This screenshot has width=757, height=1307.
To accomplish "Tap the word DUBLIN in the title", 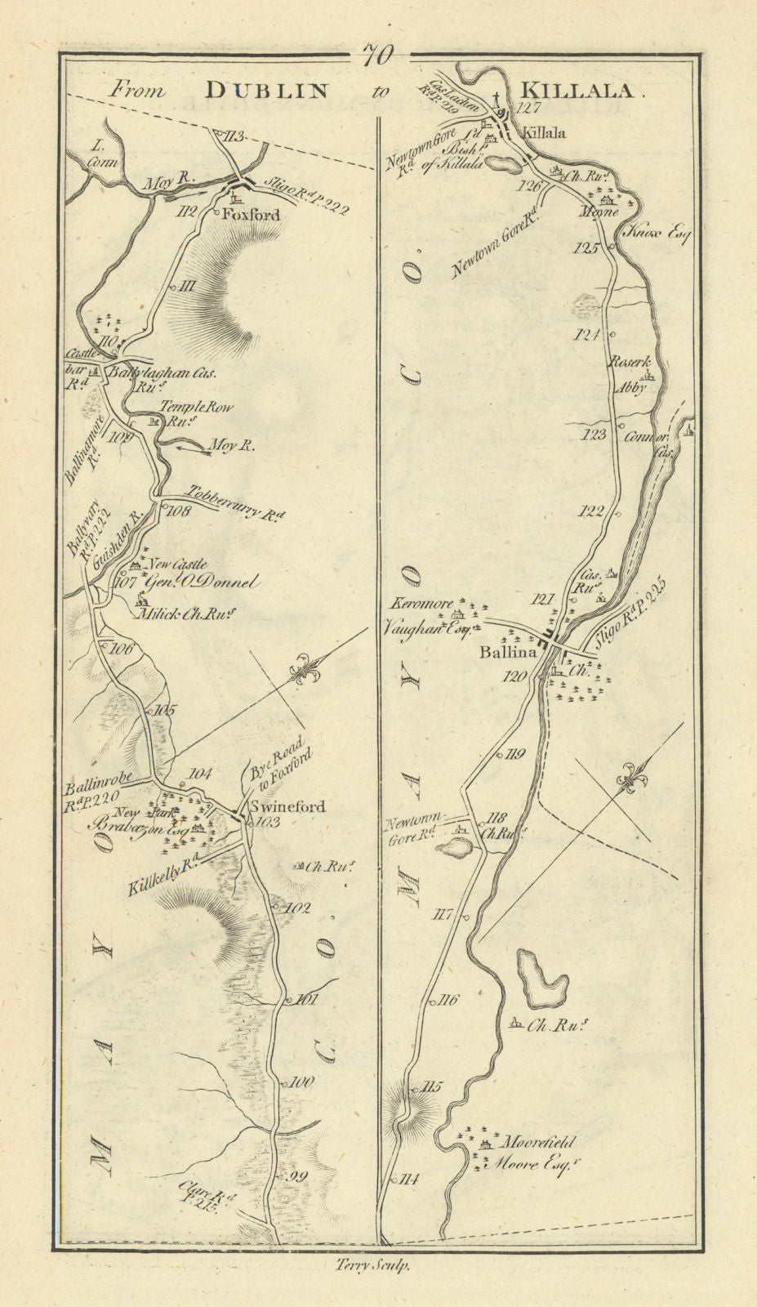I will click(254, 91).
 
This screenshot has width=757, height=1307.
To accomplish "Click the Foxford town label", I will click(251, 216).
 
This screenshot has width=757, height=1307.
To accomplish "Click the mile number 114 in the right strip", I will click(409, 1179).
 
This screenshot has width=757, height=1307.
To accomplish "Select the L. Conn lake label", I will click(103, 154).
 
